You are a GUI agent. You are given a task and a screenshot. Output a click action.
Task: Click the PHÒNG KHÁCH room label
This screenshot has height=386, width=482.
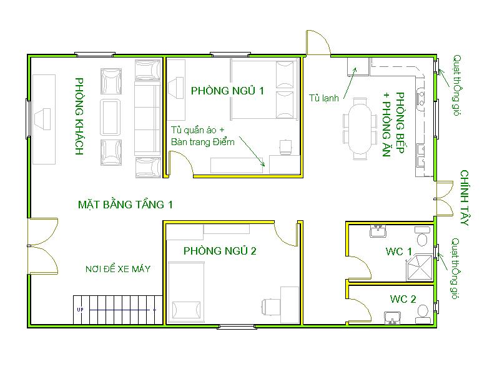(79, 116)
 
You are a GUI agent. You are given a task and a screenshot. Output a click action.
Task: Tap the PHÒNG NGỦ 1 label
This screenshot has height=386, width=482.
(227, 91)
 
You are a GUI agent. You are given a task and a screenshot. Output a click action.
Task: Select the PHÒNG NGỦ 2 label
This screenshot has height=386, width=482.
(220, 251)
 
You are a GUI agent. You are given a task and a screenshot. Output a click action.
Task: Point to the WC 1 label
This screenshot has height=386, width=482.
(399, 251)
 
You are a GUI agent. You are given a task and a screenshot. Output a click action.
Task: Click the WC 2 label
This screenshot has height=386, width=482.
(403, 299)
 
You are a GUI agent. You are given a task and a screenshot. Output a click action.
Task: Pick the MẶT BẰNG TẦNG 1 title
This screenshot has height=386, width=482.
(125, 205)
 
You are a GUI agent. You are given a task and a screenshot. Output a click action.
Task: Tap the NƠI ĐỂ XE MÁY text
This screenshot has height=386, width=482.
(118, 269)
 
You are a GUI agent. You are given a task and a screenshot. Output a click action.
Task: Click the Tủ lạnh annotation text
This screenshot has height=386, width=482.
(323, 98)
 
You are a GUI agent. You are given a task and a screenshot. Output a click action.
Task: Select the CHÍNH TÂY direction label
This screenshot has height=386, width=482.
(465, 198)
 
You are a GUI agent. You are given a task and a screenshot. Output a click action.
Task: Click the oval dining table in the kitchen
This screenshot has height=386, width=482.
(360, 129)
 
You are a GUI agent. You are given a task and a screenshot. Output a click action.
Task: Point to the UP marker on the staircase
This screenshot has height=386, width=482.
(81, 310)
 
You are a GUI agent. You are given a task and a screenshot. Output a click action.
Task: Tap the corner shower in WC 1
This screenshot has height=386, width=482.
(420, 267)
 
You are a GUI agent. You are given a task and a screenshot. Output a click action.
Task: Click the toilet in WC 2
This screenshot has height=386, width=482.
(423, 314)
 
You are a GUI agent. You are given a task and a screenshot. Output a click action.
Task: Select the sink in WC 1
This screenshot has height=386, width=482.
(378, 230)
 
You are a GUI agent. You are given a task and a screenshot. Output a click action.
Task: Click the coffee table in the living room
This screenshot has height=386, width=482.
(110, 117)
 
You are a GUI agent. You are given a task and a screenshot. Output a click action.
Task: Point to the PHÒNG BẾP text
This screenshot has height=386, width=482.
(400, 123)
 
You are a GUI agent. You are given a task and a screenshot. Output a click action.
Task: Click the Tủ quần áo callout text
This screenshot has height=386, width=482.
(198, 130)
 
